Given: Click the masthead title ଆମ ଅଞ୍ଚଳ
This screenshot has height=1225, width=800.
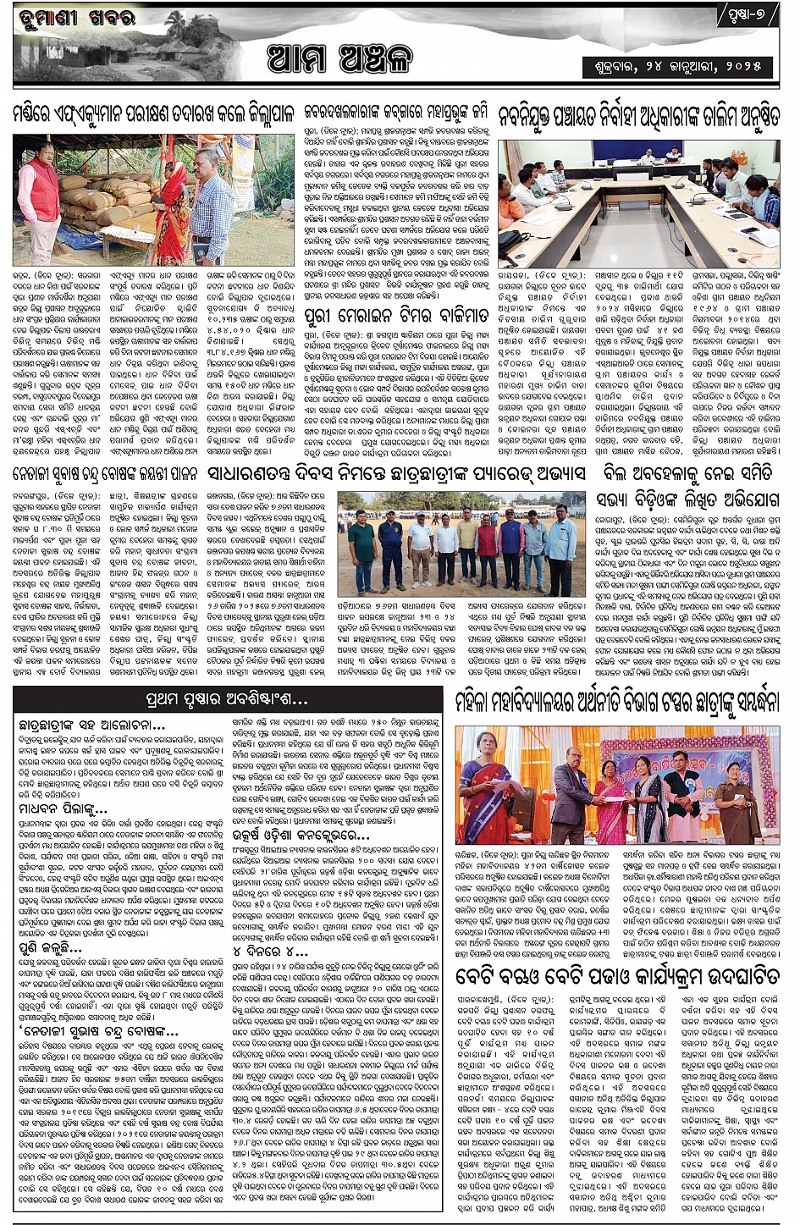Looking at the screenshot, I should (x=339, y=59).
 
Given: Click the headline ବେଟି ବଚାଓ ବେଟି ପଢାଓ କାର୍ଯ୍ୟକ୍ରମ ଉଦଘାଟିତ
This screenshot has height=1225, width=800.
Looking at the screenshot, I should (x=617, y=976).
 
